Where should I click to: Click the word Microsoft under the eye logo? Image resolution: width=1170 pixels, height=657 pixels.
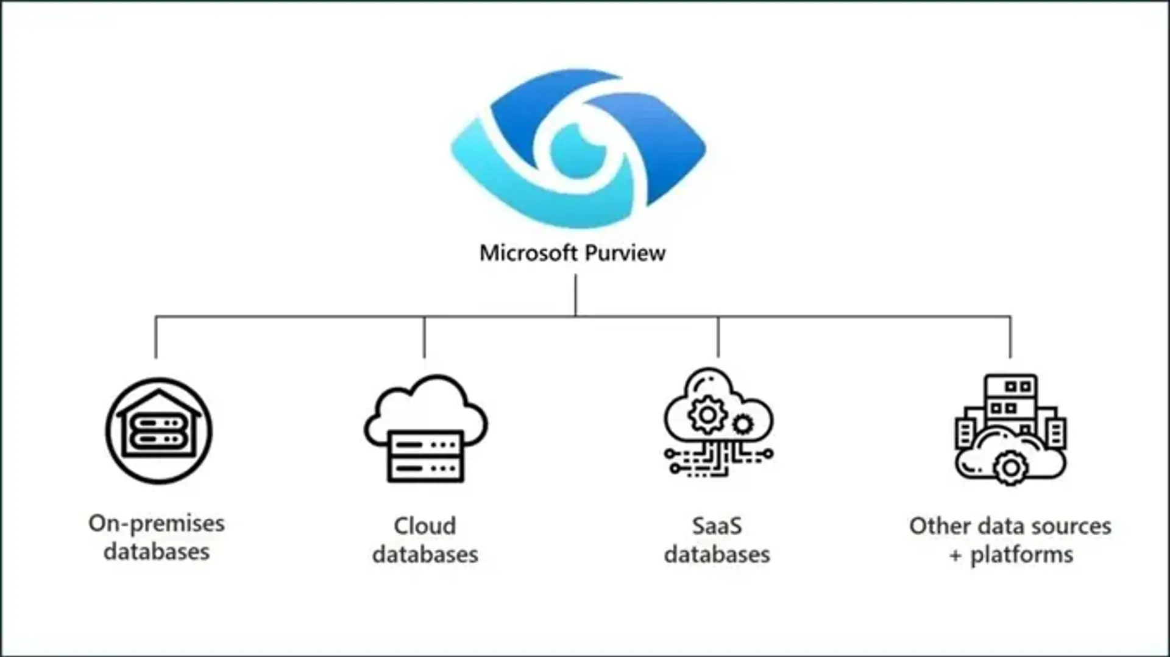(x=528, y=253)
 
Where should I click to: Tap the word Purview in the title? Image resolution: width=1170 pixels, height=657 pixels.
(x=624, y=253)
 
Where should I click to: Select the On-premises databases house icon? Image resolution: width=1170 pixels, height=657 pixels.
(x=159, y=430)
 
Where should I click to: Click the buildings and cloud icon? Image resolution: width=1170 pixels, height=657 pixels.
(x=1010, y=429)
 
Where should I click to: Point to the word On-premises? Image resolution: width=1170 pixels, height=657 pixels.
(x=157, y=524)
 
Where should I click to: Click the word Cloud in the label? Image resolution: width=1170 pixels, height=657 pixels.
(x=425, y=526)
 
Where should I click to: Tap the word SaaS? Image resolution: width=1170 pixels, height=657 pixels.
(x=717, y=526)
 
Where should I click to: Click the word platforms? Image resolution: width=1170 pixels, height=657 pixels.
(x=1021, y=555)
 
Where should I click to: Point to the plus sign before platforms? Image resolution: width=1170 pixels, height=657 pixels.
(x=955, y=555)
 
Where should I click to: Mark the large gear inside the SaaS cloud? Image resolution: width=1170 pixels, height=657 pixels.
(x=707, y=415)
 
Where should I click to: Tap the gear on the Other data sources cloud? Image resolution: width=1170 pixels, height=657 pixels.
(x=1010, y=468)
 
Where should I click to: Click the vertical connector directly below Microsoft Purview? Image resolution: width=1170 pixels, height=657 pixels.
(x=575, y=295)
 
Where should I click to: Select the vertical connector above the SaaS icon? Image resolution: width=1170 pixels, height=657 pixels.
(x=718, y=336)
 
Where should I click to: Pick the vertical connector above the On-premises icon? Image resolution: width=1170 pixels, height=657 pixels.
(x=156, y=336)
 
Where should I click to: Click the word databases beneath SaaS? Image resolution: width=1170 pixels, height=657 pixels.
(x=717, y=555)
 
